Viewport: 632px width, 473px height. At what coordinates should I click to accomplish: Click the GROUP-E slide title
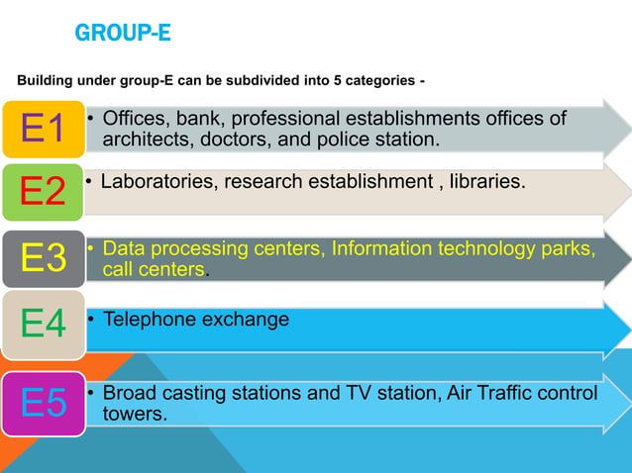123,35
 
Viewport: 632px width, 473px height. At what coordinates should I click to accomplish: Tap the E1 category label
44,129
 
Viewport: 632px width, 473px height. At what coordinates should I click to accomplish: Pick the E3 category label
44,259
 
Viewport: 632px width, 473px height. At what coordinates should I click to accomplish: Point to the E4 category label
44,325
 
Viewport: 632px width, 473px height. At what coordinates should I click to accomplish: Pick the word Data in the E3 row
123,247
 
